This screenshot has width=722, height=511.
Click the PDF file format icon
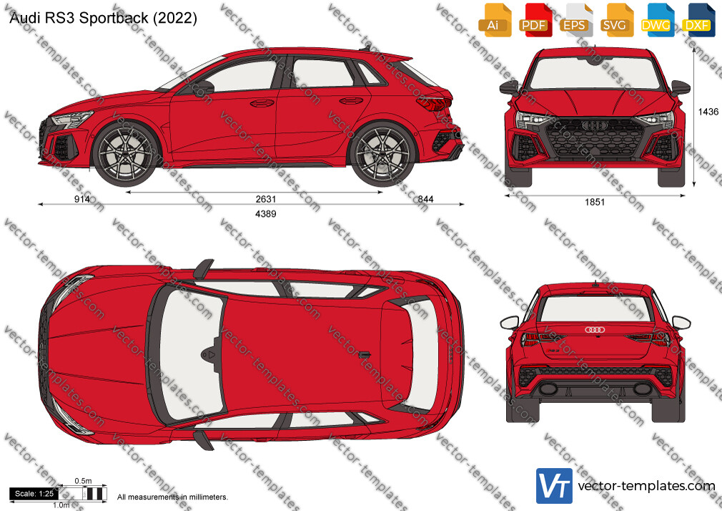click(534, 20)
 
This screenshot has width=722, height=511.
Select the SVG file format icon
click(615, 20)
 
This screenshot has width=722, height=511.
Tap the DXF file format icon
click(697, 20)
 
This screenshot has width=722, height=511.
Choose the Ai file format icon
click(494, 20)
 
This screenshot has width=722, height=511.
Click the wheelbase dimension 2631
click(266, 199)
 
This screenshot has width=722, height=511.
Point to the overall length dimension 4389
click(266, 213)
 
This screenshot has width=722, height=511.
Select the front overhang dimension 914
click(82, 199)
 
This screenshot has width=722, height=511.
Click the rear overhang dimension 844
click(425, 199)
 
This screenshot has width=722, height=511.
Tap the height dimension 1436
click(708, 112)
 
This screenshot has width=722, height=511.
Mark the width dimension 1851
click(595, 202)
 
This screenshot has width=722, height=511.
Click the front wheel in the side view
click(125, 154)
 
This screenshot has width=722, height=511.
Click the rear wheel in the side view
click(382, 154)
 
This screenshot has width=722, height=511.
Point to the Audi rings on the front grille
click(595, 125)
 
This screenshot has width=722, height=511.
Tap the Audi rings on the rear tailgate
click(595, 329)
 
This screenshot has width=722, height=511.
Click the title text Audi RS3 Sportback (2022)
click(103, 18)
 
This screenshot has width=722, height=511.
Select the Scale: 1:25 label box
click(34, 494)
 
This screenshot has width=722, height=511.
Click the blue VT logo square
click(555, 486)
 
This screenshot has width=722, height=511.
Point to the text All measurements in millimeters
click(172, 497)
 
